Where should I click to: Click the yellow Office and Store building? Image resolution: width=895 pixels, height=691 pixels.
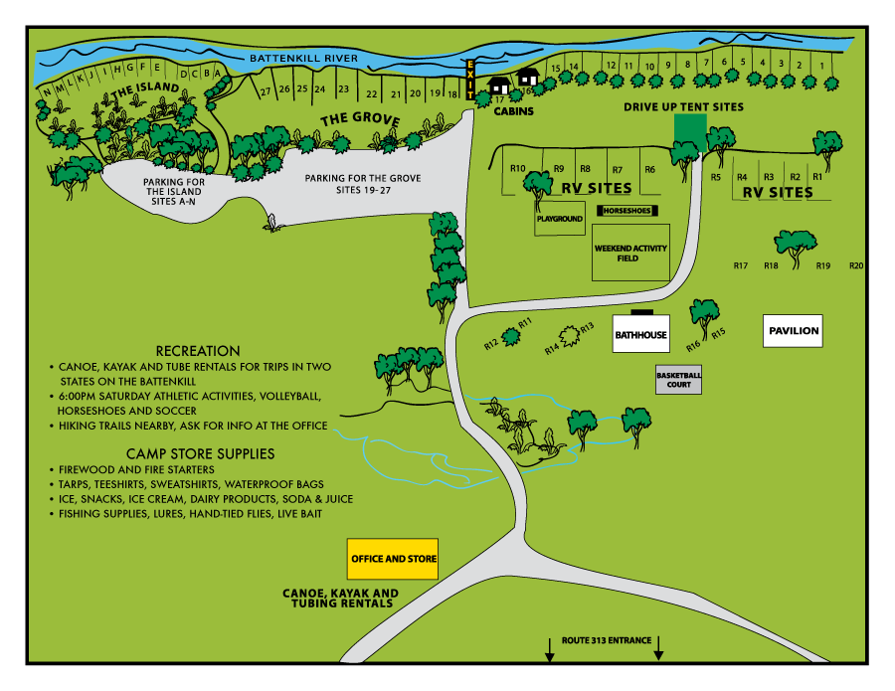(x=394, y=559)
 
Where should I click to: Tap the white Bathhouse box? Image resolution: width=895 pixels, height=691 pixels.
(x=639, y=335)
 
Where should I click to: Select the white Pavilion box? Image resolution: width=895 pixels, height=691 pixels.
(x=794, y=330)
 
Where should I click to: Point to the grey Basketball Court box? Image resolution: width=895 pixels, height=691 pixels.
(x=678, y=379)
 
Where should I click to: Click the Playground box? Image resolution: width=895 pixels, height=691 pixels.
(x=559, y=218)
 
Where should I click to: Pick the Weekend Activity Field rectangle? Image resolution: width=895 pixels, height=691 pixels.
(x=630, y=253)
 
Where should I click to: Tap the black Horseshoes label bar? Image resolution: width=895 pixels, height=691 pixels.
(x=626, y=211)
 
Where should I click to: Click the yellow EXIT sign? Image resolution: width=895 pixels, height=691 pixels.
(x=471, y=80)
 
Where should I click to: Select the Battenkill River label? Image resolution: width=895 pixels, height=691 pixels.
(x=303, y=59)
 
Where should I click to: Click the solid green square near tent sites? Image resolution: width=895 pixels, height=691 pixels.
(x=690, y=132)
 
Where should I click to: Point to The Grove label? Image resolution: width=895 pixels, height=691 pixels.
(x=359, y=120)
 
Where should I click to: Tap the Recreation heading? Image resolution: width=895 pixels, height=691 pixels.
(x=198, y=351)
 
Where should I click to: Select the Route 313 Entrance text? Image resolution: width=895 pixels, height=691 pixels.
(x=606, y=639)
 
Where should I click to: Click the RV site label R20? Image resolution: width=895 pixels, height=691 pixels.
(x=856, y=265)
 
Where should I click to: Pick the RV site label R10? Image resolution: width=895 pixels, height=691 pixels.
(x=517, y=168)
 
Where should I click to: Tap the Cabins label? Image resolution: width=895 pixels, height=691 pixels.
(x=514, y=111)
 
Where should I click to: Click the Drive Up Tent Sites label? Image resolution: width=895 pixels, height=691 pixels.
(x=683, y=106)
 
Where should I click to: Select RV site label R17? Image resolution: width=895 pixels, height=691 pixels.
(x=740, y=265)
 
